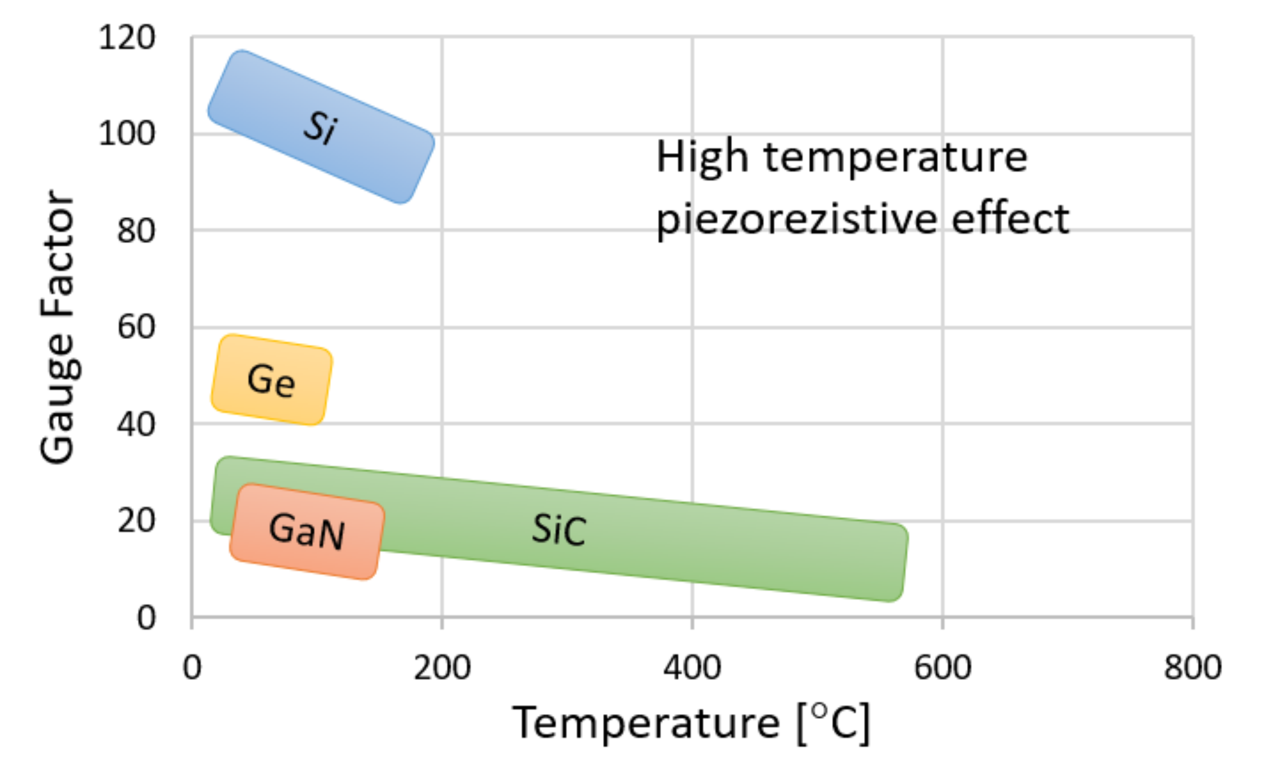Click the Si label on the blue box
tap(321, 127)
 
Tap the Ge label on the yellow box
tap(271, 380)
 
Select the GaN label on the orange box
tap(307, 531)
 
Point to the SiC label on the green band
tap(559, 530)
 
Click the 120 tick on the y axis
tap(126, 38)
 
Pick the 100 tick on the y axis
tap(126, 134)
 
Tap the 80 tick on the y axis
tap(135, 230)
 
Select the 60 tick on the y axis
tap(135, 327)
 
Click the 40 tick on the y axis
tap(135, 424)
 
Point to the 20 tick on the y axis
tap(135, 521)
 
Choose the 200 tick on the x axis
tap(442, 667)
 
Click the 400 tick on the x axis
tap(692, 667)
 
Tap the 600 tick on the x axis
tap(943, 667)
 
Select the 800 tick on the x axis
tap(1193, 667)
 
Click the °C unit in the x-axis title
tap(834, 722)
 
